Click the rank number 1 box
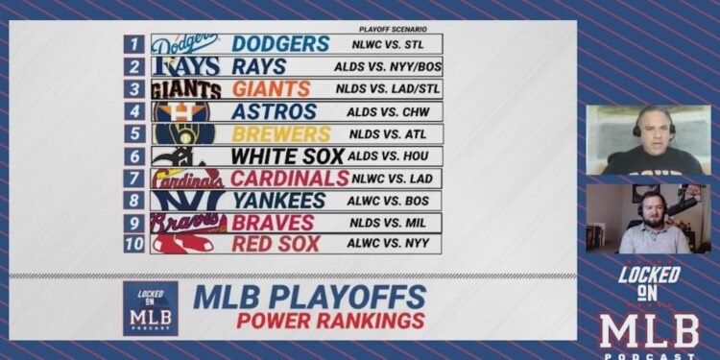click(134, 44)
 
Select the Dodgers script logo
click(185, 44)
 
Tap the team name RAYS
click(258, 66)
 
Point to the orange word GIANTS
click(271, 89)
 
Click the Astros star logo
click(184, 111)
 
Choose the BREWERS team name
click(277, 133)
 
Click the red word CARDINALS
click(290, 178)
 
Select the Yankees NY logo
click(185, 200)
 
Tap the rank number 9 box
click(134, 222)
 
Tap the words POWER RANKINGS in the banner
click(330, 321)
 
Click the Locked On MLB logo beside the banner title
click(151, 307)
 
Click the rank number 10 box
click(134, 244)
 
